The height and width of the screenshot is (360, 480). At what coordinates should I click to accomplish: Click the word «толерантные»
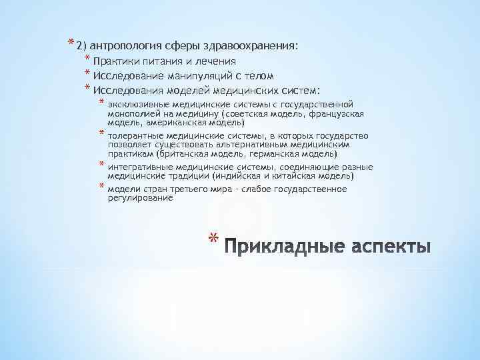(135, 135)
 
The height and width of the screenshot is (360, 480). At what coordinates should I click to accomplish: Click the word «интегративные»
(139, 167)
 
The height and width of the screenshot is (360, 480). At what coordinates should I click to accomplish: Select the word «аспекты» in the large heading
(390, 245)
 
